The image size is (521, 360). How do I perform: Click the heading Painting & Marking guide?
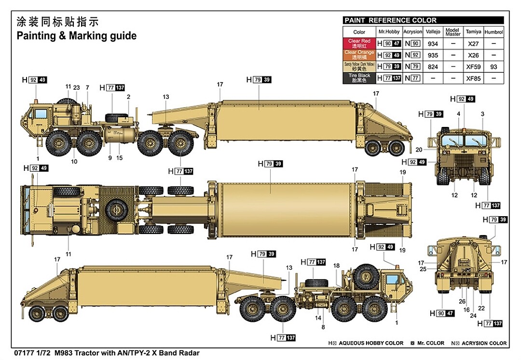(77, 36)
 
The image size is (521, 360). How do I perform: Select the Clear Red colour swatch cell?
(359, 43)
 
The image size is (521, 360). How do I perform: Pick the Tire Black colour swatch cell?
(359, 78)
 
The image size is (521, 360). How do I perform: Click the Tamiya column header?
(473, 32)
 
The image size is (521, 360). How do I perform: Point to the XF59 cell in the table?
(473, 67)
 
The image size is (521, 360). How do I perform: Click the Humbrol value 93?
(493, 67)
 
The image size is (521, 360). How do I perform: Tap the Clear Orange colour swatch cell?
(359, 55)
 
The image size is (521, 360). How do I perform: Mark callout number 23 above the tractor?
(77, 87)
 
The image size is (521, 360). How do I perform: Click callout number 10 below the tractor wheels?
(74, 162)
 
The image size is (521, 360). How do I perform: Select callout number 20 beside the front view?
(419, 149)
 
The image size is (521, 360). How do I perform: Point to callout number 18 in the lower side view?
(336, 266)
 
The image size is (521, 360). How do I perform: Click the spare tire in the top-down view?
(116, 208)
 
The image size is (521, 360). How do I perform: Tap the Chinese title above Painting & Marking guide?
(57, 22)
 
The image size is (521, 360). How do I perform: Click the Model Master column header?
(452, 32)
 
